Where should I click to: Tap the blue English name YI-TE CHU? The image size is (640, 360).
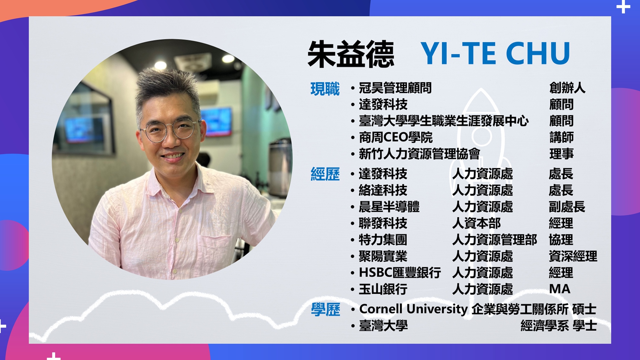click(x=495, y=53)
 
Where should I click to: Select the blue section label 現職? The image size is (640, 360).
click(x=325, y=89)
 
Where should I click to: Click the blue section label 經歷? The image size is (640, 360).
click(x=325, y=174)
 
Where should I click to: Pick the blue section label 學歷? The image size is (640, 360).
click(x=325, y=309)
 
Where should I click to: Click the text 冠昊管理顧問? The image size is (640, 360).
click(x=395, y=88)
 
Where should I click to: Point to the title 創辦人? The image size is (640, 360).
click(x=567, y=88)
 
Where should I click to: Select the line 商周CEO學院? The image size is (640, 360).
click(x=396, y=138)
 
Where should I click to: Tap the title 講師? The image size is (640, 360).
click(x=561, y=138)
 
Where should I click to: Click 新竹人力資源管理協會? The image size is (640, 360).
click(x=420, y=154)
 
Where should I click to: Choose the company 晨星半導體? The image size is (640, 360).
click(x=389, y=207)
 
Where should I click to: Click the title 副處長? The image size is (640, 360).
click(x=567, y=207)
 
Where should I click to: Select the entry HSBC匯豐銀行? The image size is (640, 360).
click(x=400, y=273)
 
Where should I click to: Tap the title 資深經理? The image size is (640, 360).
click(x=573, y=256)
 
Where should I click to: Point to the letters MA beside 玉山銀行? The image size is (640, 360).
click(x=560, y=289)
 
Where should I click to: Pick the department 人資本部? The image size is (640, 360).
click(x=476, y=223)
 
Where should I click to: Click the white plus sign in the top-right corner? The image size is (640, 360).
click(x=623, y=7)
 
